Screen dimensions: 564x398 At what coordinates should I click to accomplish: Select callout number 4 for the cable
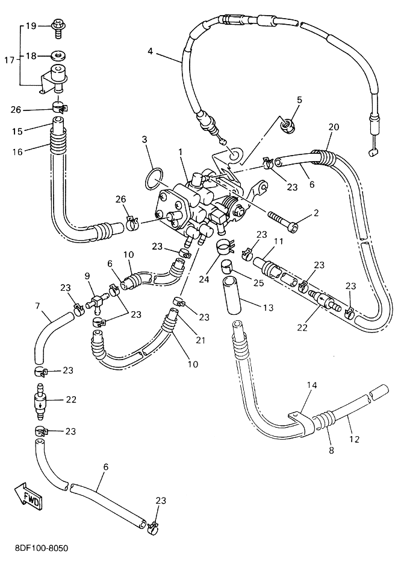coord(151,51)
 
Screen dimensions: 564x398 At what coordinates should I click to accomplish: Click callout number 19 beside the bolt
coord(31,25)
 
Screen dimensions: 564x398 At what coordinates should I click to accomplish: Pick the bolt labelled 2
coord(281,223)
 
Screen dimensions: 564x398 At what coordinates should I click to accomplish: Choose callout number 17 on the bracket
coord(9,60)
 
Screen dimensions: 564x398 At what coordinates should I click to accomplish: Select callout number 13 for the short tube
coord(267,308)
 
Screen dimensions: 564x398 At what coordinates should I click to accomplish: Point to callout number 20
coord(334,127)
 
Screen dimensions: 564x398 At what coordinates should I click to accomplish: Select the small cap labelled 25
coord(227,265)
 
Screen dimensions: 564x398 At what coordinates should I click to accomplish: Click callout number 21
coord(201,340)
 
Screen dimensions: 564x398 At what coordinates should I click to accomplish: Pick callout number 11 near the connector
coord(278,242)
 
